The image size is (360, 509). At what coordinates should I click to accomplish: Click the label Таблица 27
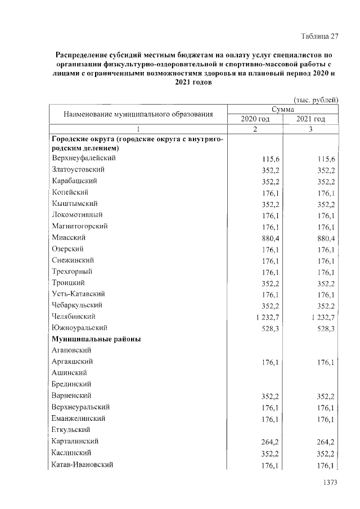tap(319, 37)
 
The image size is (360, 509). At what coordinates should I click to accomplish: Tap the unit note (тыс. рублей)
tap(317, 100)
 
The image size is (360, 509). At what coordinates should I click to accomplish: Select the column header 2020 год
tap(255, 119)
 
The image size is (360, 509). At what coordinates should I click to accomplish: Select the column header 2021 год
tap(310, 119)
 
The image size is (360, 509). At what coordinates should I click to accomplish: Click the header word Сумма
tap(283, 109)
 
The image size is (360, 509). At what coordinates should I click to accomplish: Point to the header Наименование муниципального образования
tap(138, 114)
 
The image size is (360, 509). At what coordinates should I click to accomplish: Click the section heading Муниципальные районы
tap(96, 340)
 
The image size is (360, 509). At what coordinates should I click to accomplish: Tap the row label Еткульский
tap(71, 430)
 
